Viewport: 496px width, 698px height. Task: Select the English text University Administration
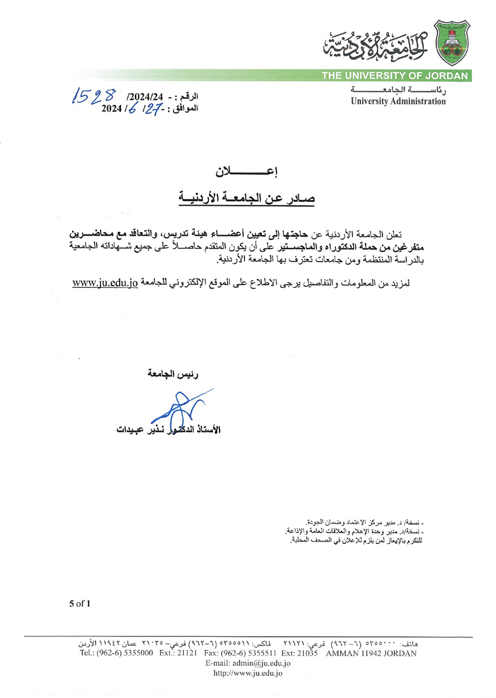[398, 101]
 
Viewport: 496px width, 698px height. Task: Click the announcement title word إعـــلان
[247, 172]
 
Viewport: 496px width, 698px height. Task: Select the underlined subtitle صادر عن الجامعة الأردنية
[247, 198]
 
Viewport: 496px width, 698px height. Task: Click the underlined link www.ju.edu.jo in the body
[105, 283]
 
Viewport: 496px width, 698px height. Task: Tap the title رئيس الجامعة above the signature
[175, 376]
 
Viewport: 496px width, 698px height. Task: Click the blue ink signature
[178, 409]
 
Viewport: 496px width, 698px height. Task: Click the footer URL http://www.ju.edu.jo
[248, 673]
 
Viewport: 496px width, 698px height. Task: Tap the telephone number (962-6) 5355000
[129, 653]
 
